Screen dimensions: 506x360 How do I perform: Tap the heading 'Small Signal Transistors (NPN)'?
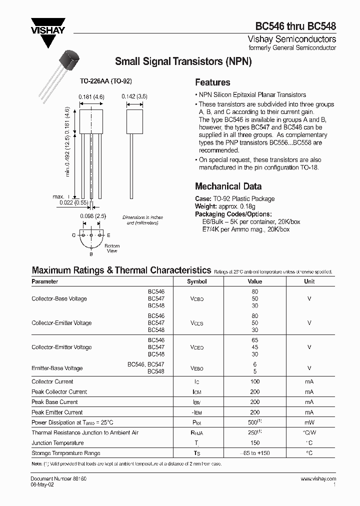[x=183, y=62]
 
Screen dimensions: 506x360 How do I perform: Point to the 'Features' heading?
[x=212, y=82]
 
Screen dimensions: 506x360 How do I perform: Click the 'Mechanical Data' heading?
[x=228, y=186]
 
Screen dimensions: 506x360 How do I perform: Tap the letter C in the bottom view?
[x=73, y=234]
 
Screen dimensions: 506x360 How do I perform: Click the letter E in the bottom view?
[x=108, y=234]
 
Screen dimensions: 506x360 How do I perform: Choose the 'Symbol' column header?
[x=196, y=281]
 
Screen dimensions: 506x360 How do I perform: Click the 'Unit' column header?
[x=309, y=281]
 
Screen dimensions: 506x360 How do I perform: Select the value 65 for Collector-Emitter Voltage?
[x=255, y=340]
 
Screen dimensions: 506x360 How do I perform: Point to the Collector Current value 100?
[x=255, y=381]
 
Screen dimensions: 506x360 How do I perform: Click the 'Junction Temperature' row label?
[x=57, y=443]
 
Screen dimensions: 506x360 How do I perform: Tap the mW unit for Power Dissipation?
[x=309, y=422]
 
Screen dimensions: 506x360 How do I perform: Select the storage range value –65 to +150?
[x=255, y=453]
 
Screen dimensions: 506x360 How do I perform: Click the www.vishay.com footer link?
[x=318, y=479]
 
